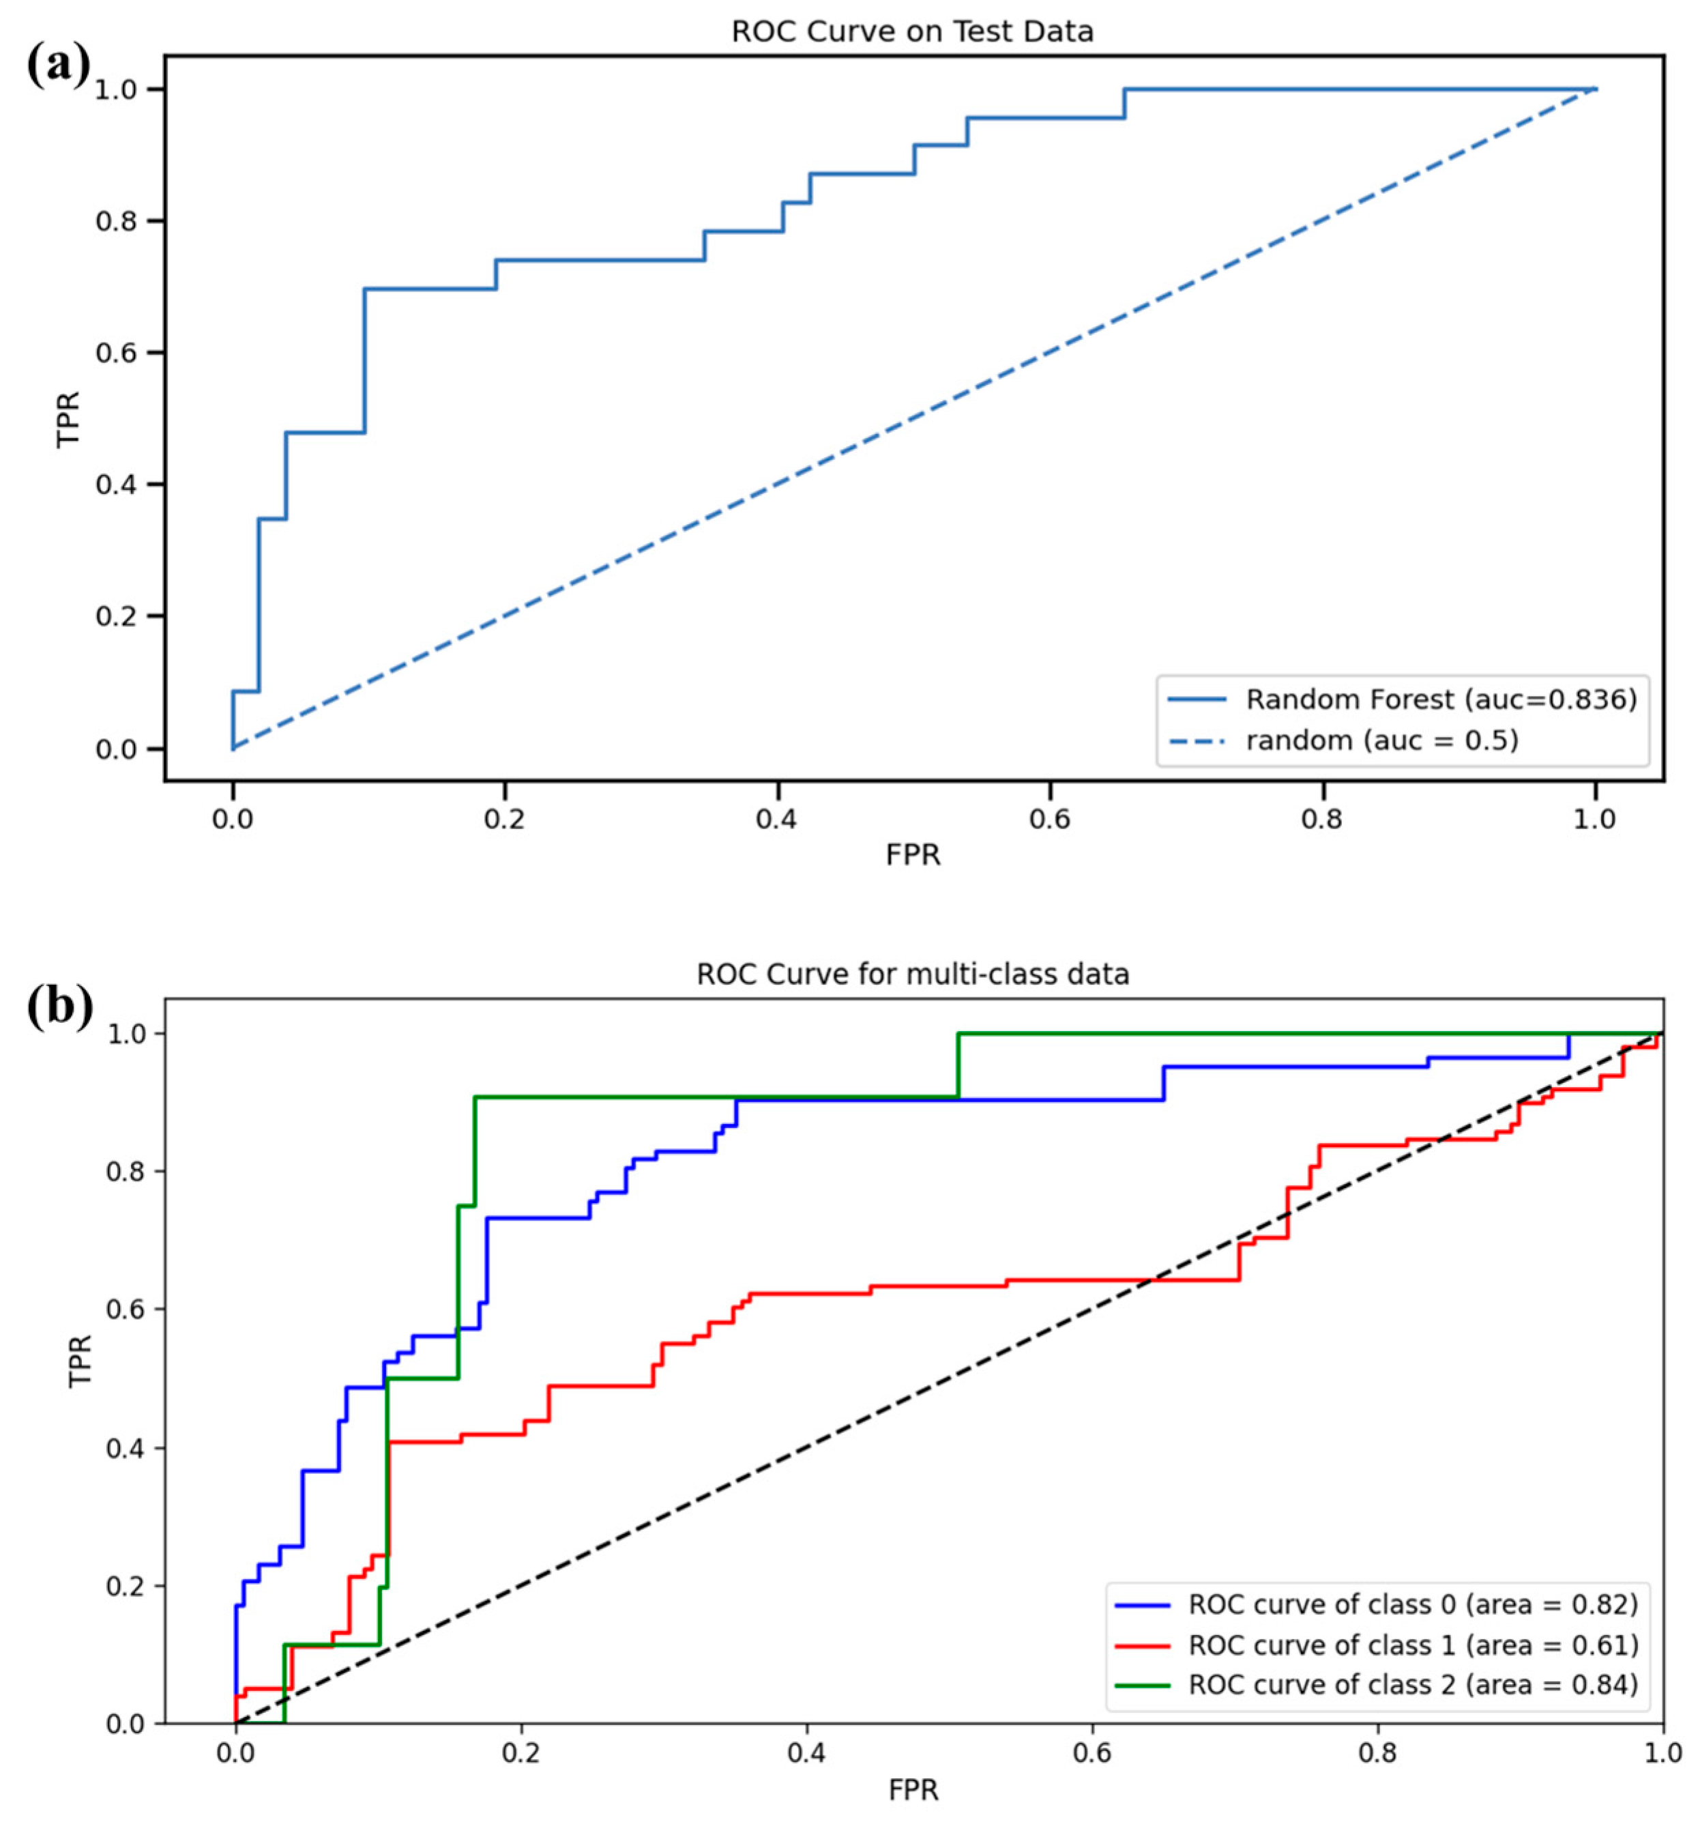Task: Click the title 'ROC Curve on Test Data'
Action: tap(912, 32)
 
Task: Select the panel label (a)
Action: tap(57, 66)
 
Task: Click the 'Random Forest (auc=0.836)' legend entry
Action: tap(1439, 700)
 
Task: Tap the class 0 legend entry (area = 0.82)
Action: tap(1412, 1605)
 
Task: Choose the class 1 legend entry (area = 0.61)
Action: tap(1412, 1645)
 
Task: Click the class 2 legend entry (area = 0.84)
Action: tap(1412, 1685)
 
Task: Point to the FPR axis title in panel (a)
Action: tap(913, 855)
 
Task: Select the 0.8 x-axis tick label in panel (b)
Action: tap(1377, 1753)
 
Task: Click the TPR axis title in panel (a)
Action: tap(68, 419)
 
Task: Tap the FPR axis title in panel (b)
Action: tap(913, 1790)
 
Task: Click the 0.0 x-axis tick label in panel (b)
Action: tap(235, 1753)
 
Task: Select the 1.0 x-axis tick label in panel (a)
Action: tap(1596, 818)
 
